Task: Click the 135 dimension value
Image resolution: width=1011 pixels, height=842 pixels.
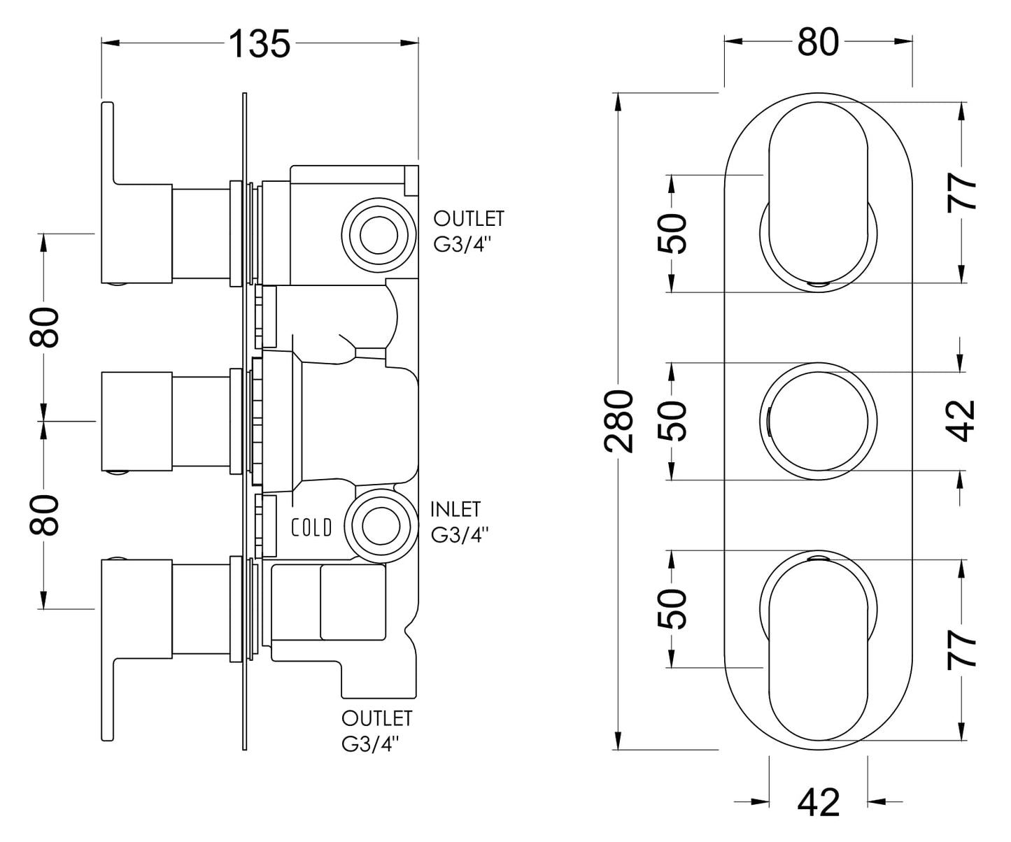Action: click(260, 43)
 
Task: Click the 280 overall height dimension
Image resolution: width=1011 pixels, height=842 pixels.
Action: click(618, 421)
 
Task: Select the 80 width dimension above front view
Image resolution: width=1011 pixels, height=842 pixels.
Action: click(818, 42)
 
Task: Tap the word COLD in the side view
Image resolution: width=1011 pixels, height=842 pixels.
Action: click(311, 527)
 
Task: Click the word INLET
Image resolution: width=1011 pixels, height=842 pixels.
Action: click(455, 509)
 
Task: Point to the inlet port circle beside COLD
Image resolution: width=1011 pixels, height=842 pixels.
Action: click(381, 526)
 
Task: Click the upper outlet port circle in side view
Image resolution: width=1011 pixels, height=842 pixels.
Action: click(379, 235)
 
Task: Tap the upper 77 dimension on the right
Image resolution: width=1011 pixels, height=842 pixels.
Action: click(961, 192)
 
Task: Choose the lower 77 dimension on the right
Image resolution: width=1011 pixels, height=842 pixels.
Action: click(961, 650)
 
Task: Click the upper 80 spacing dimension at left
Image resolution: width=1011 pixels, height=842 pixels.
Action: click(44, 327)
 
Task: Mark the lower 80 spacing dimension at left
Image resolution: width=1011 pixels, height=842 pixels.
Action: click(44, 515)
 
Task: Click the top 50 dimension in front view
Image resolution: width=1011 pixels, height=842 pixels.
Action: click(672, 234)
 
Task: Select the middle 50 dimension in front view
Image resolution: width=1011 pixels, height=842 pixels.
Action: click(672, 420)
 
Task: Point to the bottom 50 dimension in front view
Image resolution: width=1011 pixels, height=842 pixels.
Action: click(672, 608)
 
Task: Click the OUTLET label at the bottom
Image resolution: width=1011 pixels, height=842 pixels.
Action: click(376, 719)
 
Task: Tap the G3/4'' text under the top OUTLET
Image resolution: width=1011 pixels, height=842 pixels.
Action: click(462, 244)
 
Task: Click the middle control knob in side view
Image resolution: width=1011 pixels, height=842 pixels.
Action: click(137, 421)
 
